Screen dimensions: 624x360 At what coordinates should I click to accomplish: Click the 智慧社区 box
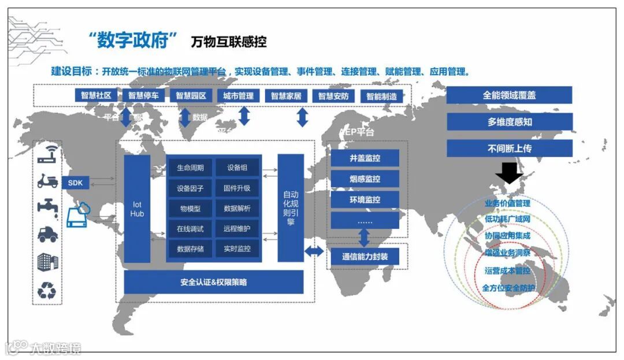[96, 95]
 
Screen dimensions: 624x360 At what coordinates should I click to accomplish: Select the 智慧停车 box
[143, 95]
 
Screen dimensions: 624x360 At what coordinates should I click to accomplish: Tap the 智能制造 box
[382, 97]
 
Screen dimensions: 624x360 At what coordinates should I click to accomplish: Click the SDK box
[75, 183]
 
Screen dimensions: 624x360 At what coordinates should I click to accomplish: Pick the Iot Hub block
[137, 209]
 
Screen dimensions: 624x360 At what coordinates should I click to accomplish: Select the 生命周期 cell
[190, 168]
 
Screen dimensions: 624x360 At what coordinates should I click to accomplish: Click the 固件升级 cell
[237, 188]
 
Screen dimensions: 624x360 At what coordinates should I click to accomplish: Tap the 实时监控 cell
[237, 249]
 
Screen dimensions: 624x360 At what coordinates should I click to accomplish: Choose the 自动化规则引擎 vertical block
[290, 208]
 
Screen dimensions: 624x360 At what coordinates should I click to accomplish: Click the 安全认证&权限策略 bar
[213, 282]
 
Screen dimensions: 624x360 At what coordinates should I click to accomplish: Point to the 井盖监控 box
[365, 158]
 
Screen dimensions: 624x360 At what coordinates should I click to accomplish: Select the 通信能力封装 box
[365, 257]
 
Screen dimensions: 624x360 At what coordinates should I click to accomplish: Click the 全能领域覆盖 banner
[509, 95]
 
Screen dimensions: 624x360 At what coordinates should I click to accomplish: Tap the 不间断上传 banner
[509, 148]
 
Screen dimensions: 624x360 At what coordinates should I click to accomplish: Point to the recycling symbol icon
[47, 290]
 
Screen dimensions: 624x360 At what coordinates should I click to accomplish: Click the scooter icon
[47, 181]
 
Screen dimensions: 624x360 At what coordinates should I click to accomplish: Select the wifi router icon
[47, 154]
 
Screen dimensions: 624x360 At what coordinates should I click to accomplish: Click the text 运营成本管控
[507, 270]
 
